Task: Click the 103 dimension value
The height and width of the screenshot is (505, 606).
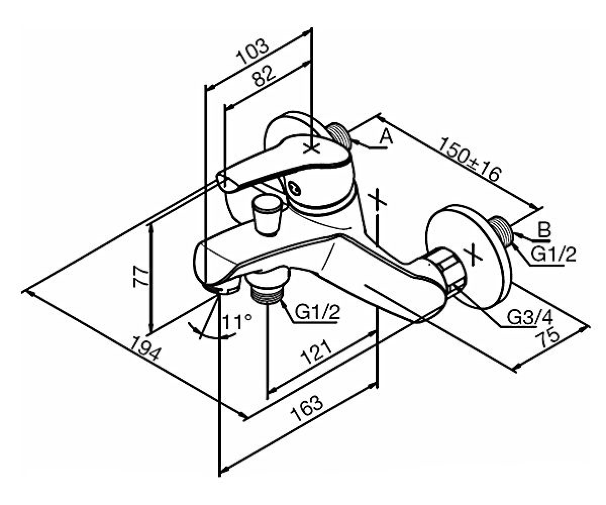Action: [253, 52]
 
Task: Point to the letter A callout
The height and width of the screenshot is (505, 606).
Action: [386, 136]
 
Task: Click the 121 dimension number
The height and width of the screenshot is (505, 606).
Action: [316, 352]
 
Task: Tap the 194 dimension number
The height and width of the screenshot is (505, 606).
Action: [145, 348]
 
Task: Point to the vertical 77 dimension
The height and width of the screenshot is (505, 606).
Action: [141, 278]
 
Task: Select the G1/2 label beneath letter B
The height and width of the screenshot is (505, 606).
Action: [553, 254]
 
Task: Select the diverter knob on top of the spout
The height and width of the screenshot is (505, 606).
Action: [267, 214]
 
